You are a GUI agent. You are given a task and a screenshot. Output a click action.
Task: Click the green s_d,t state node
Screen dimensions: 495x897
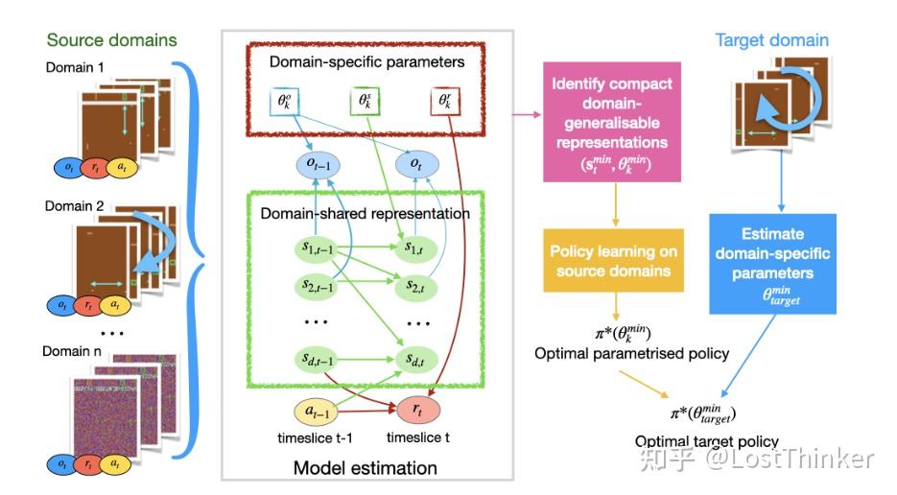pyautogui.click(x=415, y=359)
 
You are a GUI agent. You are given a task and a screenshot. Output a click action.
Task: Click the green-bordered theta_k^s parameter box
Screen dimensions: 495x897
pyautogui.click(x=365, y=103)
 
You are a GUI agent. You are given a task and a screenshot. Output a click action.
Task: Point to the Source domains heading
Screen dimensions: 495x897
pyautogui.click(x=112, y=40)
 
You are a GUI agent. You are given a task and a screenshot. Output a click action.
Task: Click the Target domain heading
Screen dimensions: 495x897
pyautogui.click(x=771, y=40)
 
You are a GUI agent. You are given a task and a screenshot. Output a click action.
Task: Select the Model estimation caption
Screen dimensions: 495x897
pyautogui.click(x=366, y=468)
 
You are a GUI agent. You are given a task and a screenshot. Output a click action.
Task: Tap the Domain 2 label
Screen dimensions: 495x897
pyautogui.click(x=72, y=206)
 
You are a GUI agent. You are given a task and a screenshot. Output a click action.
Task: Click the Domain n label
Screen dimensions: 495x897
pyautogui.click(x=73, y=351)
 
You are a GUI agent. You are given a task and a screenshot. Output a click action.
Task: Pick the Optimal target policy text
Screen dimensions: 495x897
pyautogui.click(x=706, y=441)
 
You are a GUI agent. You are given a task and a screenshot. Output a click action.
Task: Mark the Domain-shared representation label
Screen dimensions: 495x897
pyautogui.click(x=366, y=213)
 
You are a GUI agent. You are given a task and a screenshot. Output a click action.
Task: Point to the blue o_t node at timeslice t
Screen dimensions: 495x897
pyautogui.click(x=415, y=163)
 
